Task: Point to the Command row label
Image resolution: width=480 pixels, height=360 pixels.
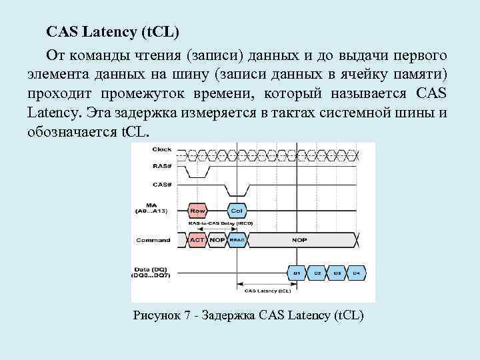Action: click(152, 240)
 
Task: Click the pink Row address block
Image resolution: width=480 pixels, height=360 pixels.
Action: click(197, 211)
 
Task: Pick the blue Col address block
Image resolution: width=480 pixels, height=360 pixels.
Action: click(237, 211)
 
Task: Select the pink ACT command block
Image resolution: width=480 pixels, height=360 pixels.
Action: click(197, 240)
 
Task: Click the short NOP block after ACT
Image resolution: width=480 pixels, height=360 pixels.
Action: click(217, 240)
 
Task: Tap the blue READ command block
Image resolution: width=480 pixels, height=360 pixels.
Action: click(237, 240)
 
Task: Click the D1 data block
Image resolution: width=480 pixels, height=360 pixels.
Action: click(297, 273)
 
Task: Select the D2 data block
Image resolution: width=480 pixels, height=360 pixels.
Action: click(317, 273)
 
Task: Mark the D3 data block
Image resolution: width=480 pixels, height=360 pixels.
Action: click(337, 273)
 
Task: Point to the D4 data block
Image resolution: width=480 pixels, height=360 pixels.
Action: click(357, 273)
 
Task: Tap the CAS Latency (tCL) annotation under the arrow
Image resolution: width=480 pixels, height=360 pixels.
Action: click(268, 291)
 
